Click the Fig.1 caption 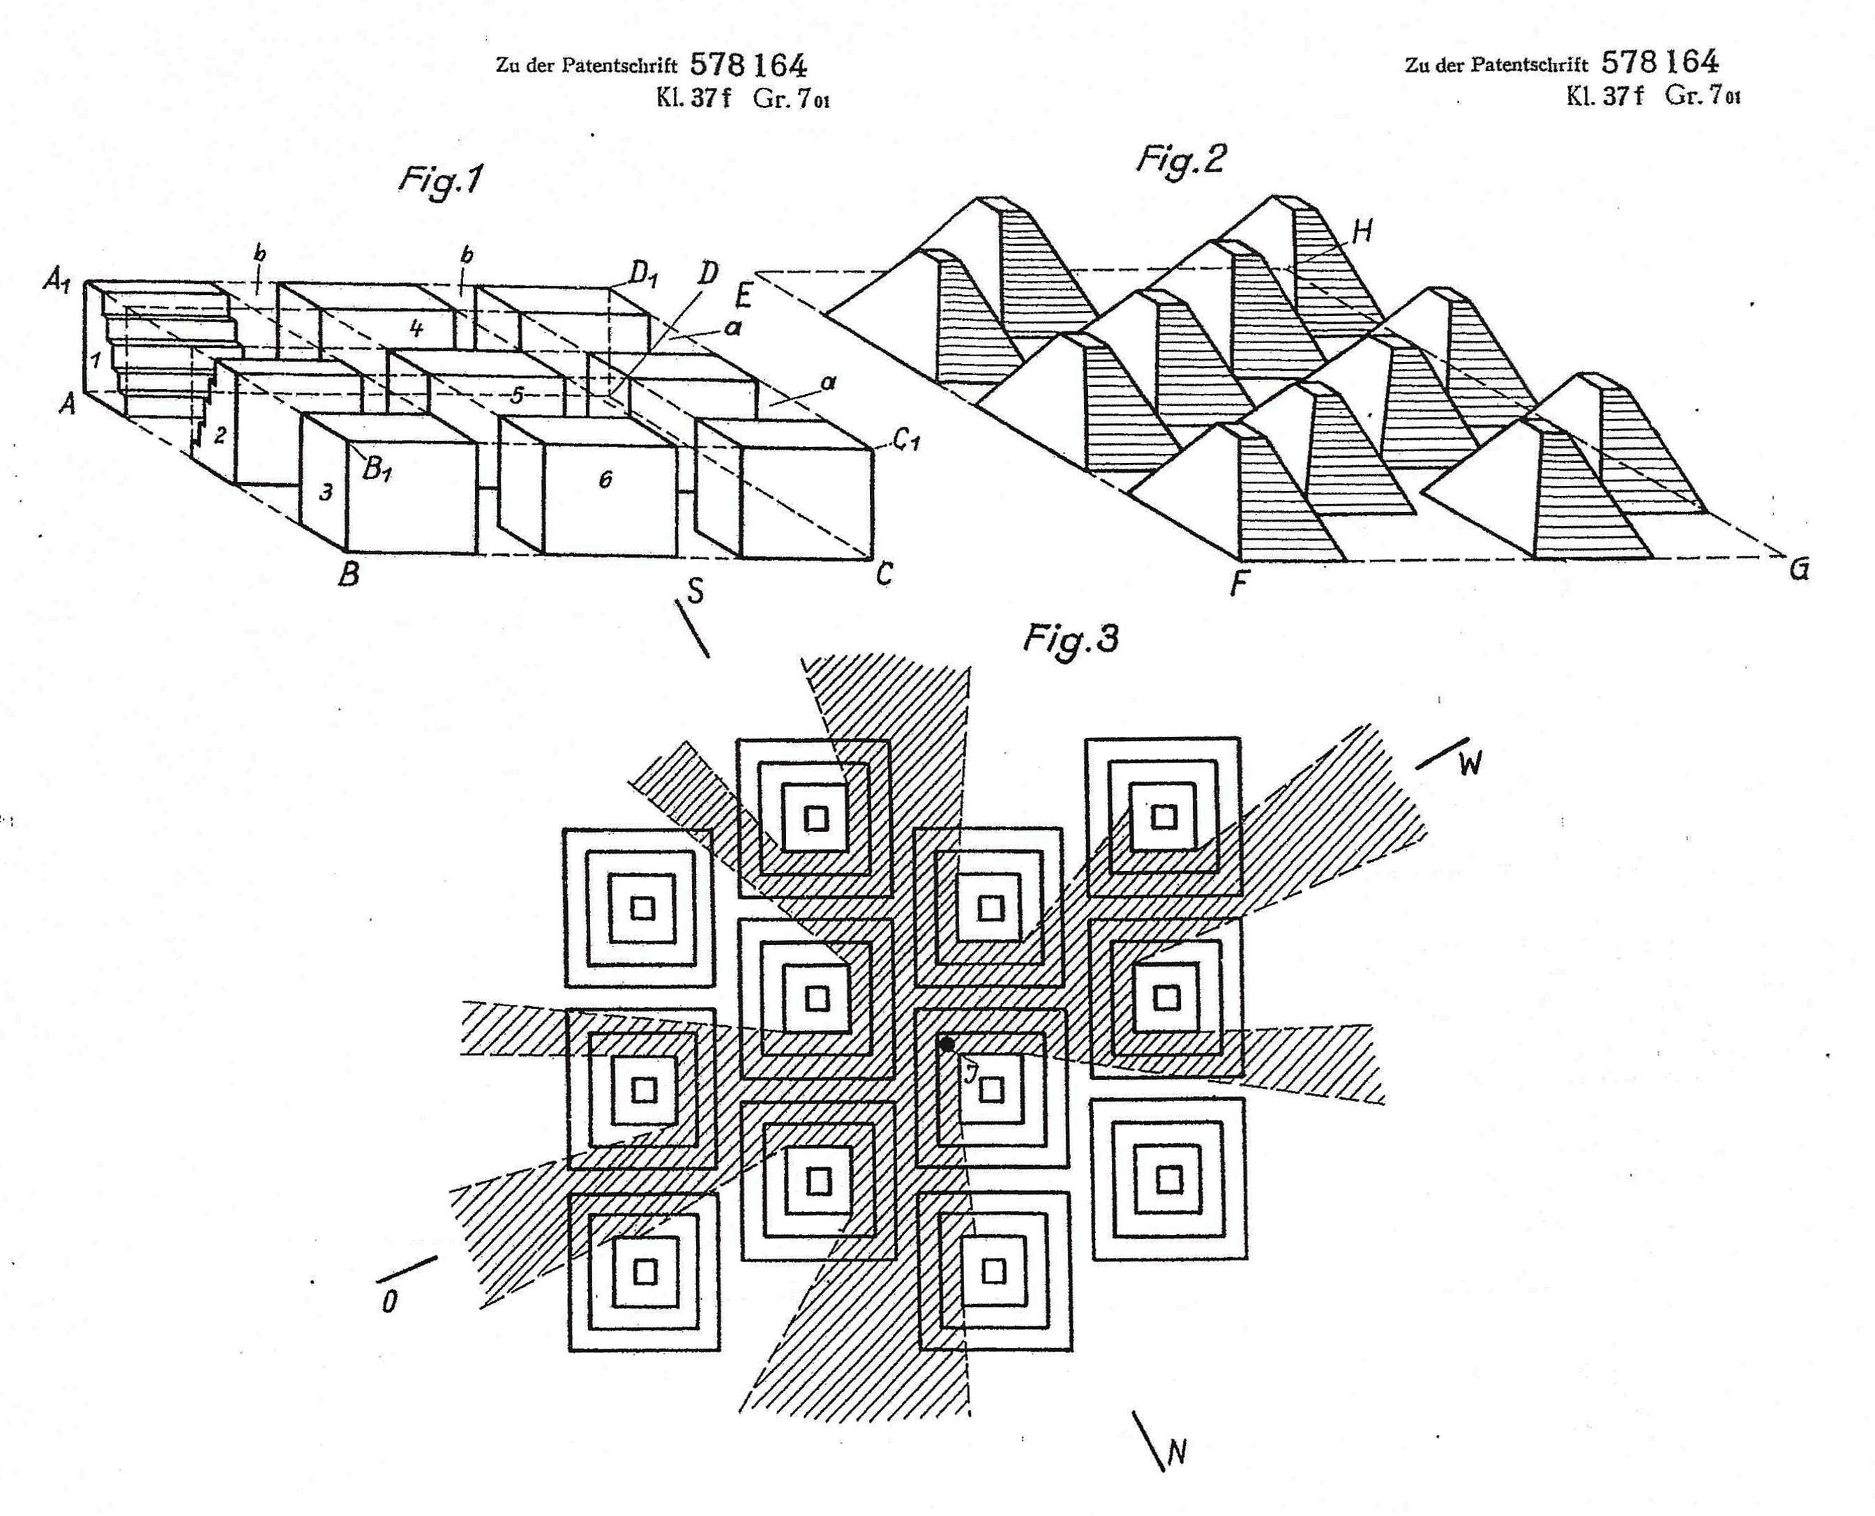coord(440,181)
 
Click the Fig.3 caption coord(1070,640)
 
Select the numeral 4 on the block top coord(417,328)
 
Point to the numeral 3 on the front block coord(326,492)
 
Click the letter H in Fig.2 coord(1362,232)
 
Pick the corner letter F coord(1238,582)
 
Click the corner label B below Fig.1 coord(349,575)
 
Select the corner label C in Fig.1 coord(884,575)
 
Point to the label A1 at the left coord(57,283)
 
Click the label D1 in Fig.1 coord(644,277)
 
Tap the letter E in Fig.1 coord(743,298)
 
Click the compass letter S coord(695,592)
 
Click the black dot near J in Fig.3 coord(947,1044)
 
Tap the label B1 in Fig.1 coord(377,471)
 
